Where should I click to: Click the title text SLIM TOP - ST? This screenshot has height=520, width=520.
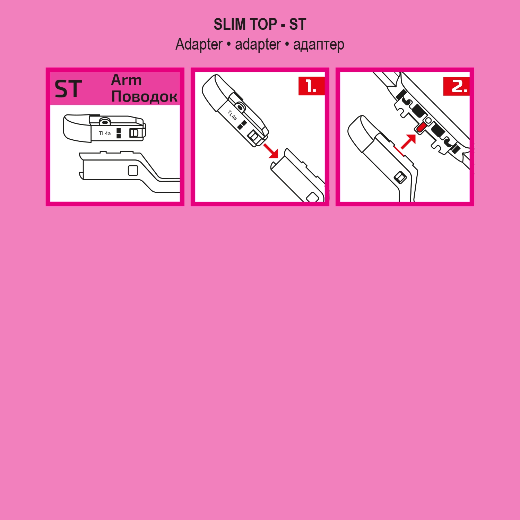tap(260, 25)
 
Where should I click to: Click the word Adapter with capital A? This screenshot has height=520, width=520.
tap(199, 45)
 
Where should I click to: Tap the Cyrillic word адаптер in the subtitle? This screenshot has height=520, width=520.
tap(319, 45)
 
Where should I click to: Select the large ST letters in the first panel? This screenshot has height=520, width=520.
tap(68, 89)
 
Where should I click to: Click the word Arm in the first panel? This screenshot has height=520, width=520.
tap(126, 80)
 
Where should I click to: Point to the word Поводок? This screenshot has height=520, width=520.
tap(144, 96)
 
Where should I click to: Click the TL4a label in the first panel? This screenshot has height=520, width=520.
tap(105, 133)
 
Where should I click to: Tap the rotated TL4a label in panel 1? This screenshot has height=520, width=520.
tap(232, 115)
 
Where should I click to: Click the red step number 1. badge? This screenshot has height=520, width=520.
tap(311, 86)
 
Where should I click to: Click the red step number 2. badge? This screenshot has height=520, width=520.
tap(456, 86)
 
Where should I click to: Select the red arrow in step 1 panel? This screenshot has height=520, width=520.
tap(271, 151)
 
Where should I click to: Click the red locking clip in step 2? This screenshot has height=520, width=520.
tap(421, 128)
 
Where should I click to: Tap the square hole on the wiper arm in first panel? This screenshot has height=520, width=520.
tap(133, 171)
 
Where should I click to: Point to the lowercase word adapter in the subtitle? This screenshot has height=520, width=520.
tap(258, 45)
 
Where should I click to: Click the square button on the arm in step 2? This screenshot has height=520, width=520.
tap(400, 177)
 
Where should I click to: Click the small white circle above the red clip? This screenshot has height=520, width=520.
tap(428, 120)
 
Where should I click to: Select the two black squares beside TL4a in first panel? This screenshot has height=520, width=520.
tap(119, 133)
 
